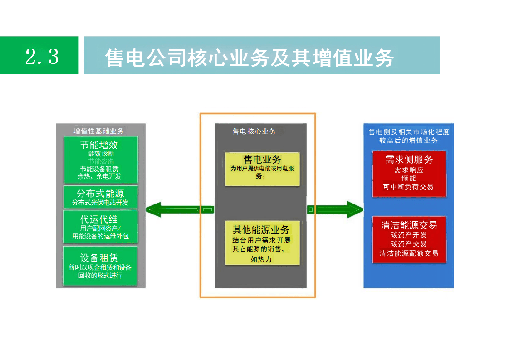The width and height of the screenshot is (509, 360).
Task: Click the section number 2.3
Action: tap(42, 57)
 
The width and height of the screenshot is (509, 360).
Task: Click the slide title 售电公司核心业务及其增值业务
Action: tap(249, 58)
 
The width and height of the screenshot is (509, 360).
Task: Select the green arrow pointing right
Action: tap(336, 209)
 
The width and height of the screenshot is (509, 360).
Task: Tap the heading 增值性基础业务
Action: tap(98, 131)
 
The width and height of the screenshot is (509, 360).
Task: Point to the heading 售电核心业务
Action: tap(254, 131)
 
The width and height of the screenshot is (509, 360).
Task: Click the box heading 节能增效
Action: tap(99, 145)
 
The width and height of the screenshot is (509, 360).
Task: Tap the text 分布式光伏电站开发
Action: tap(100, 202)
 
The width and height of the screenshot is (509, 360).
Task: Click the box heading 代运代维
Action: tap(99, 219)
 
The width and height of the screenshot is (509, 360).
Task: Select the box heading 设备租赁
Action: tap(99, 258)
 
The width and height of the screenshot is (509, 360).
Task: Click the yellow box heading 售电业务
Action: tap(262, 160)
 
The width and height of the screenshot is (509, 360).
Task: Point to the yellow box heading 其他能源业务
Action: tap(261, 229)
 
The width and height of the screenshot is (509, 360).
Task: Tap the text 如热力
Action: tap(261, 260)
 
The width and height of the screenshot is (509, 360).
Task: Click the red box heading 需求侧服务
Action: tap(409, 160)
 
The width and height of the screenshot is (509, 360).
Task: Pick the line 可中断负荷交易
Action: tap(408, 186)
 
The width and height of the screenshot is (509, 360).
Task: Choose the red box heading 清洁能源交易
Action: tap(409, 225)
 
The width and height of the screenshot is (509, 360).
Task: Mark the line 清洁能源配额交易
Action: tap(409, 253)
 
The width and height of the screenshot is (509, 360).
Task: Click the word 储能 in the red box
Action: tap(408, 178)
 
